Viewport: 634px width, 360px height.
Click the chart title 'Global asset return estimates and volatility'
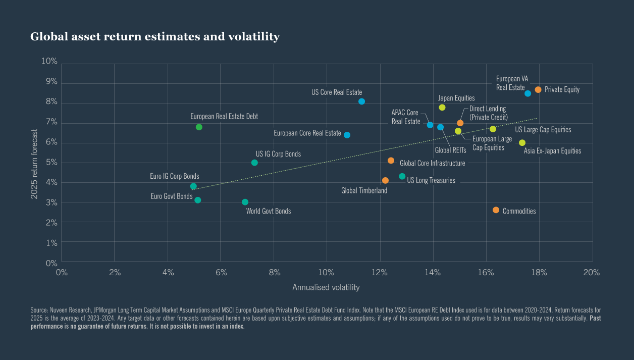[x=155, y=37]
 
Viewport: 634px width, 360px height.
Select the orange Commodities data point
[x=496, y=210]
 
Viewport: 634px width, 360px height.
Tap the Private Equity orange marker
[x=538, y=89]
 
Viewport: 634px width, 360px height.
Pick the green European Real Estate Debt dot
[x=199, y=127]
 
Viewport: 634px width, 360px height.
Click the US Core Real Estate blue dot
[x=361, y=101]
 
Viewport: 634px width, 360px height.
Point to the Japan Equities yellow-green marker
[x=442, y=108]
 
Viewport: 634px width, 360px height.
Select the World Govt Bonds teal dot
[x=245, y=202]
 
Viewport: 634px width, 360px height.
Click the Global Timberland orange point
[x=385, y=180]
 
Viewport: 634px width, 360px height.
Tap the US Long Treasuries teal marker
[x=402, y=176]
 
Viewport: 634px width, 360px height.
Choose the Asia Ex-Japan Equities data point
[x=522, y=143]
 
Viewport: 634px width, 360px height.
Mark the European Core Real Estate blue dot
[x=347, y=135]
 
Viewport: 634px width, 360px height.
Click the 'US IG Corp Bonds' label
[x=278, y=154]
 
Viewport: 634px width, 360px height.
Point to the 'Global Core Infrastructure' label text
[x=432, y=163]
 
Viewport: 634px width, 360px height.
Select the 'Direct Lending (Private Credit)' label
[x=488, y=113]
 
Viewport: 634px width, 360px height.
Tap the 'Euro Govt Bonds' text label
[x=171, y=196]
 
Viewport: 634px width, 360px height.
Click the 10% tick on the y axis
[x=49, y=62]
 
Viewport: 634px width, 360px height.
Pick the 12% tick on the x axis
[x=380, y=273]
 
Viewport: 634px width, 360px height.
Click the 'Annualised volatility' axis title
[x=326, y=287]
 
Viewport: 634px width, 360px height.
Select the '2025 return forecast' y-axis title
[x=34, y=163]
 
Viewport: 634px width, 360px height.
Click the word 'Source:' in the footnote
[x=39, y=309]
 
